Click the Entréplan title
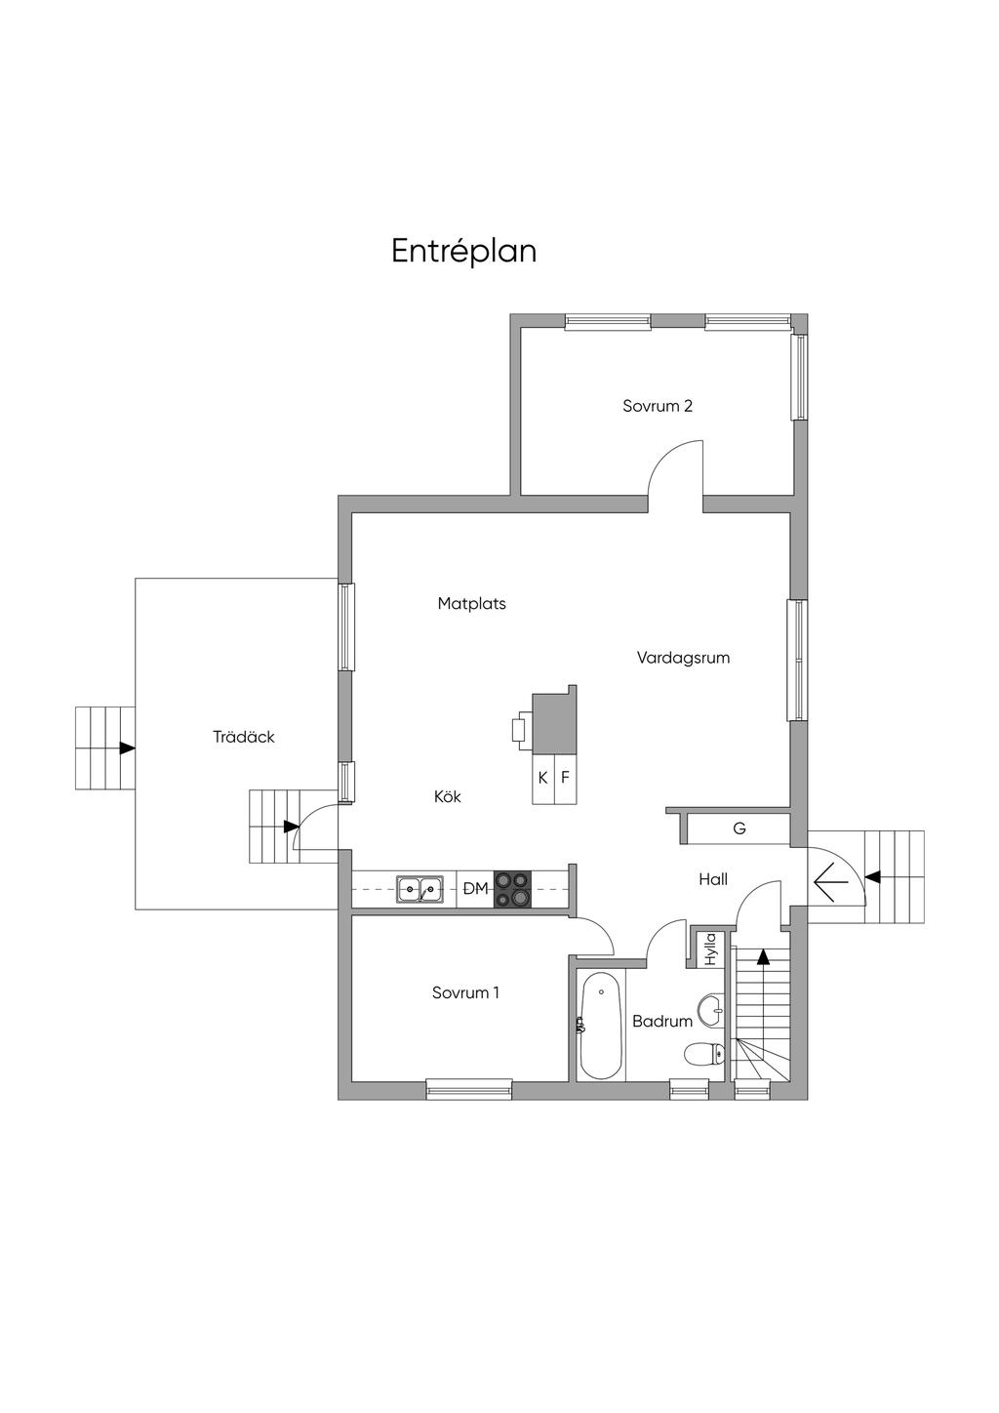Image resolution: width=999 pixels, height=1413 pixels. (463, 252)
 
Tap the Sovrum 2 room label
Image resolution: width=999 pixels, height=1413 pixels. (658, 406)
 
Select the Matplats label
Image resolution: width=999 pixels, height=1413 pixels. (472, 604)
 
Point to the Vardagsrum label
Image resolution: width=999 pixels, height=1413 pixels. (683, 658)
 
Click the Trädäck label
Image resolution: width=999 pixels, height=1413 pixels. (244, 737)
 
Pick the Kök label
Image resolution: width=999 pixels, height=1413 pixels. (447, 796)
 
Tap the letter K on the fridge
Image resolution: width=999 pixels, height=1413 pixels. (542, 778)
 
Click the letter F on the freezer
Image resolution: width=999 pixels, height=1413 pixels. (565, 777)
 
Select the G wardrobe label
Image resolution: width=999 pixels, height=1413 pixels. (739, 828)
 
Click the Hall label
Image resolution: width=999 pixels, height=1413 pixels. (713, 879)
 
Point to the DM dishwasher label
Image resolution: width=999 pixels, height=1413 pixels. (475, 889)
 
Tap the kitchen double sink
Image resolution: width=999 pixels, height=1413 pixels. (420, 889)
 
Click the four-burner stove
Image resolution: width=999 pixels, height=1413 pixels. (513, 889)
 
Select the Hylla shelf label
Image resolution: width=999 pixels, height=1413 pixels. (711, 949)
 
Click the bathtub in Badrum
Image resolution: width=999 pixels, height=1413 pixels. (602, 1027)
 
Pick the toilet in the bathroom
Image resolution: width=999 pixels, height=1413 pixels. (705, 1053)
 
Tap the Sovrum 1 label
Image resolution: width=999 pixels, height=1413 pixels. (465, 992)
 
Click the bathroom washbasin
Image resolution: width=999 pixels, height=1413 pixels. (713, 1011)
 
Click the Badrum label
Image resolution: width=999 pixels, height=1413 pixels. (662, 1022)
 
